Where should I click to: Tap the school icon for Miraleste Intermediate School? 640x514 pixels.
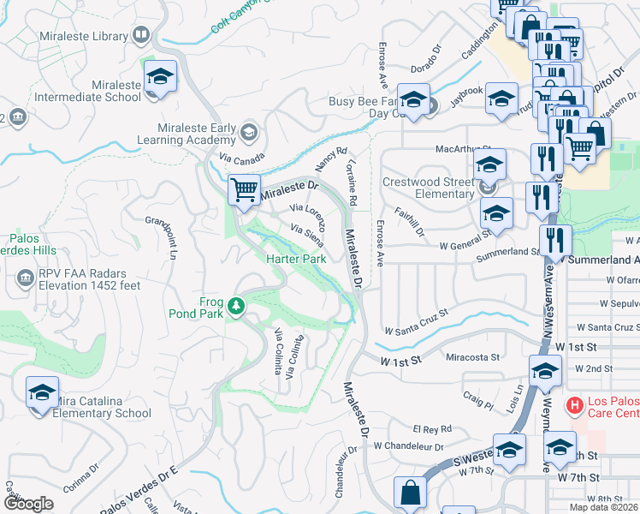point(160,78)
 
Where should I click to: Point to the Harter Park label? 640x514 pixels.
point(296,259)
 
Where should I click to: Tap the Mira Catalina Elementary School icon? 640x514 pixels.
point(42,394)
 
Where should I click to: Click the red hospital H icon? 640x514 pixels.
point(577,403)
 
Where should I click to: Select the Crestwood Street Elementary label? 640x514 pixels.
point(428,188)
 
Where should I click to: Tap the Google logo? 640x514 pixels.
point(28,503)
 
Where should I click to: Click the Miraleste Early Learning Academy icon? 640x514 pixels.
point(248,131)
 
